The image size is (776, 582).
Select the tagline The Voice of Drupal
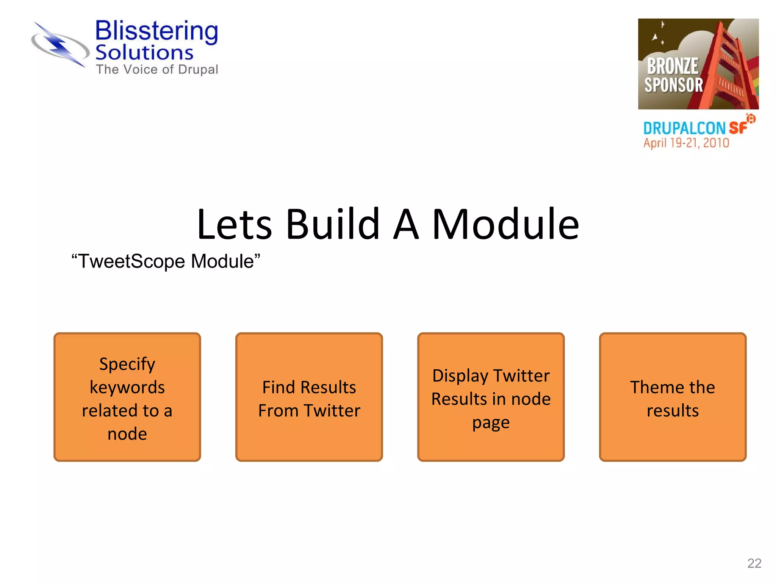pos(157,70)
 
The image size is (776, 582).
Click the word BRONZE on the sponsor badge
pos(672,66)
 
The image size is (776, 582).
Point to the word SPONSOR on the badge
pos(674,85)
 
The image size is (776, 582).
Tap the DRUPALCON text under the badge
pos(684,128)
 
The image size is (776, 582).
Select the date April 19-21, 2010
pos(686,143)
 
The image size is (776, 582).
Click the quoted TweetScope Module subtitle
pos(166,261)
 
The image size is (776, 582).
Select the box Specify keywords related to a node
pos(127,397)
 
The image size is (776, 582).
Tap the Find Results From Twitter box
pos(309,397)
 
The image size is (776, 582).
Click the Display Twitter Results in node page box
pos(491,397)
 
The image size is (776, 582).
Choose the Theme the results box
pos(673,397)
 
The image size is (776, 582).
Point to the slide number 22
pos(754,563)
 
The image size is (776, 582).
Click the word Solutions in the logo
pos(144,53)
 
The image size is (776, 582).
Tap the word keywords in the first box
pos(127,388)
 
